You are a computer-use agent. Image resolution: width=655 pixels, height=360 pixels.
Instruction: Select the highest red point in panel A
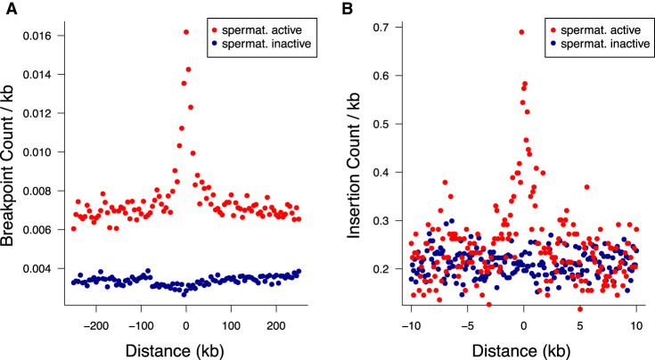point(185,32)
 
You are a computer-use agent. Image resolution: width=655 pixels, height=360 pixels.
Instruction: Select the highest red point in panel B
point(521,32)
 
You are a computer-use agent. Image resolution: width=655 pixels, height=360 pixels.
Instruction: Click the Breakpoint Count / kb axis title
point(12,157)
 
